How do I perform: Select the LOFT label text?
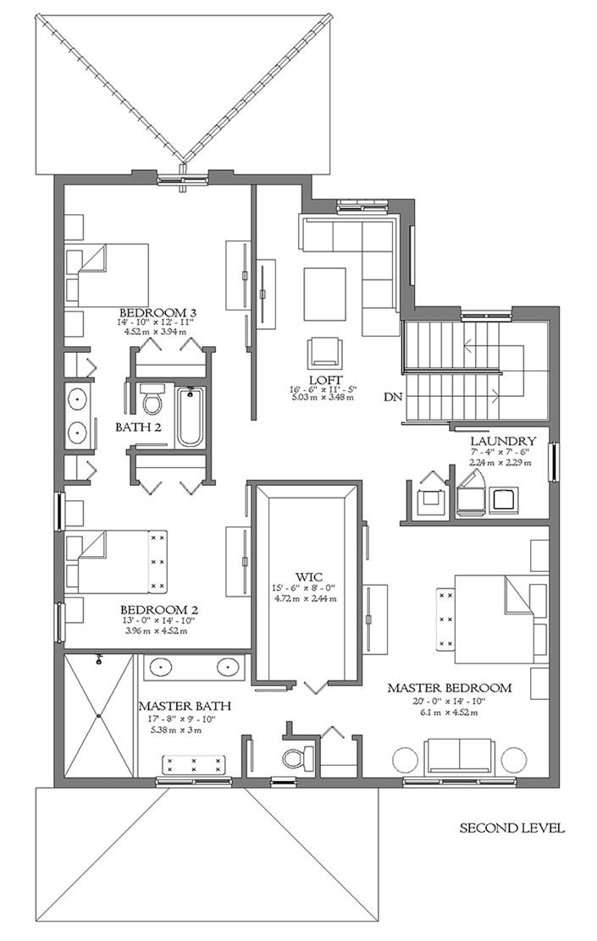click(324, 379)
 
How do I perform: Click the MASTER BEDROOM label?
click(449, 688)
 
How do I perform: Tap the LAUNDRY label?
click(503, 441)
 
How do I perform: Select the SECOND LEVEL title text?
click(511, 828)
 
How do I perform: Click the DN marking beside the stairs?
click(391, 396)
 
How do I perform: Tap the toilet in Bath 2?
click(153, 399)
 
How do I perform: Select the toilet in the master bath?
click(293, 755)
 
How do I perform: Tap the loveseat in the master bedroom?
click(461, 756)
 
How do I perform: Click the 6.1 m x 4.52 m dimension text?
click(449, 713)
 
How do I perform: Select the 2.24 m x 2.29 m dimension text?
click(500, 463)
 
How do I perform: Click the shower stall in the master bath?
click(99, 715)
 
